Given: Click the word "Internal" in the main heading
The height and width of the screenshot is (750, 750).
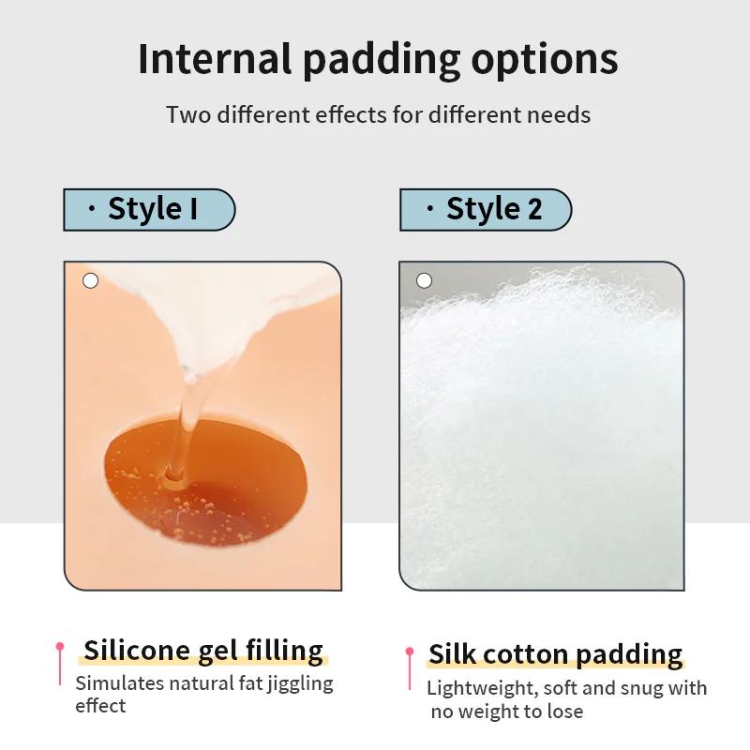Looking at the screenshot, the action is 215,59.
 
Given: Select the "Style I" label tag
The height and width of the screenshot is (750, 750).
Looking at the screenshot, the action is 149,209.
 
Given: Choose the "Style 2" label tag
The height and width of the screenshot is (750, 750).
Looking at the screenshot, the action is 486,209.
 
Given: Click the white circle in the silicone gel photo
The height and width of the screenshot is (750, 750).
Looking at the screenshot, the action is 90,280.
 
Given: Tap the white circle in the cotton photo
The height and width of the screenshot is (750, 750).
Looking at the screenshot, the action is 424,280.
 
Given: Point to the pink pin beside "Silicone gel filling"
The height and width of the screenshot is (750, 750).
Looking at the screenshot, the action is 60,664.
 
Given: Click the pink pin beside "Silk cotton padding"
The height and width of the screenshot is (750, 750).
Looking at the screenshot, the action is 410,668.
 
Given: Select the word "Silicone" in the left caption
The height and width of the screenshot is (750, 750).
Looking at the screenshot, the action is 137,650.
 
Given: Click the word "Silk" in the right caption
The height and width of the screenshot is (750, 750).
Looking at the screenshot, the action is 454,653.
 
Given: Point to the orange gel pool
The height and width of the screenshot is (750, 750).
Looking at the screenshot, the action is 205,482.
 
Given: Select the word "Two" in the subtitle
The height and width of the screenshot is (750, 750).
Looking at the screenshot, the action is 188,114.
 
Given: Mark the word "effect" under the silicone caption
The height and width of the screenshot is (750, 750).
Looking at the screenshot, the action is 100,706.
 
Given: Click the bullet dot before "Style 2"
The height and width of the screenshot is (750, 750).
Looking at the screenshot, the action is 430,208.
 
